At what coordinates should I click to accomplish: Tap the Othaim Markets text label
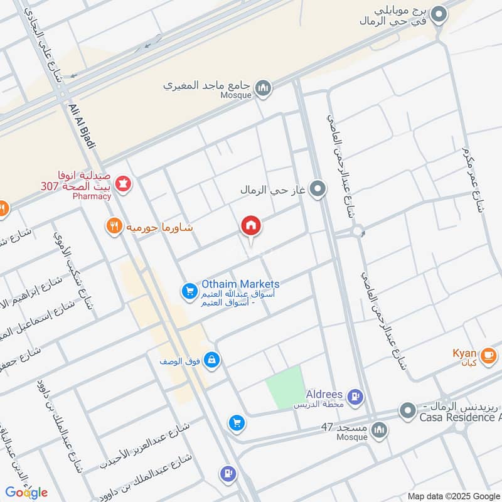pyautogui.click(x=240, y=284)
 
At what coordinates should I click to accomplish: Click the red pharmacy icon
pyautogui.click(x=124, y=183)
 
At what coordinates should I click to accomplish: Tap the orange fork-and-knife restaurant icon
pyautogui.click(x=114, y=227)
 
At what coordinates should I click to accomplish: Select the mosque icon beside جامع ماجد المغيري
pyautogui.click(x=264, y=88)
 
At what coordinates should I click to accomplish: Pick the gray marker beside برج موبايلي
pyautogui.click(x=441, y=13)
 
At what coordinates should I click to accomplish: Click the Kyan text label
pyautogui.click(x=464, y=353)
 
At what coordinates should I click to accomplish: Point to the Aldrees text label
pyautogui.click(x=324, y=394)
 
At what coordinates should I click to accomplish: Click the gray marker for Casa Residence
pyautogui.click(x=408, y=411)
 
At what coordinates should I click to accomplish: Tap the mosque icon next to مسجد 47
pyautogui.click(x=378, y=430)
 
